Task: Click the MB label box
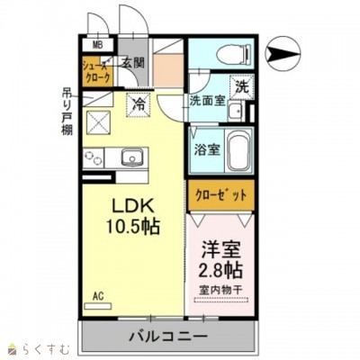[96, 43]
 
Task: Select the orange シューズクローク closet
[96, 71]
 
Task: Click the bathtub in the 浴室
[236, 150]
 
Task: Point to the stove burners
[94, 157]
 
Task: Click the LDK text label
[131, 206]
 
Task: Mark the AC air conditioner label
[96, 294]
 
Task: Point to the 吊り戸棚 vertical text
[67, 111]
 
